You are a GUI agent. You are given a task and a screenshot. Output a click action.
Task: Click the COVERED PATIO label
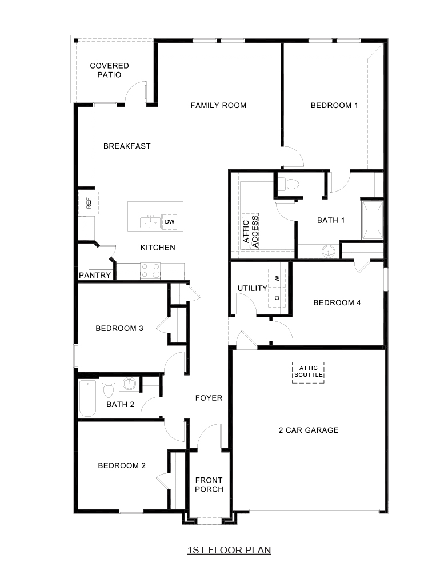click(109, 70)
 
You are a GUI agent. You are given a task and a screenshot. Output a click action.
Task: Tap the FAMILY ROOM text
click(218, 105)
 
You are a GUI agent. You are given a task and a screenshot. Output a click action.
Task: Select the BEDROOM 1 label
click(334, 105)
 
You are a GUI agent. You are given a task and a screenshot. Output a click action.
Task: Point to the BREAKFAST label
click(127, 146)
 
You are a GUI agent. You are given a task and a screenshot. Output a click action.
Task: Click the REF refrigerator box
click(89, 202)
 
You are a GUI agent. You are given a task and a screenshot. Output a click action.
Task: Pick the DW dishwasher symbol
click(170, 221)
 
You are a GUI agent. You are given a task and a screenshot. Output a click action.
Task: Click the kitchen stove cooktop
click(150, 270)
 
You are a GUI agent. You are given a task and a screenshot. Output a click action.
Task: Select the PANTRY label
click(95, 275)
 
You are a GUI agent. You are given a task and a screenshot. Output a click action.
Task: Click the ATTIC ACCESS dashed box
click(250, 231)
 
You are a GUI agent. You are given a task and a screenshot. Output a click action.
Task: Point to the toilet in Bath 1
click(289, 184)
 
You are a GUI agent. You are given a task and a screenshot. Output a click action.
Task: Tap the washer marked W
click(277, 278)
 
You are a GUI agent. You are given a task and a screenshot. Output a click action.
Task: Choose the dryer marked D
click(277, 298)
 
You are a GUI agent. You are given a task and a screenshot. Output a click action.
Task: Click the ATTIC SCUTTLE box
click(309, 372)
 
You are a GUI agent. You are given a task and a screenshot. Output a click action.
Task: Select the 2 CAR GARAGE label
click(309, 430)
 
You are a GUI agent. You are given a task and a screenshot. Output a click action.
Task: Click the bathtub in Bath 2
click(89, 398)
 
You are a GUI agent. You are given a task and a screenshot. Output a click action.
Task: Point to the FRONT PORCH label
click(209, 485)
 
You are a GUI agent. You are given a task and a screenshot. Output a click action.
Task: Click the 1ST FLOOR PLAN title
click(229, 551)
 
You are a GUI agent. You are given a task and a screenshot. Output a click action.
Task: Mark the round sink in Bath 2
click(130, 384)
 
